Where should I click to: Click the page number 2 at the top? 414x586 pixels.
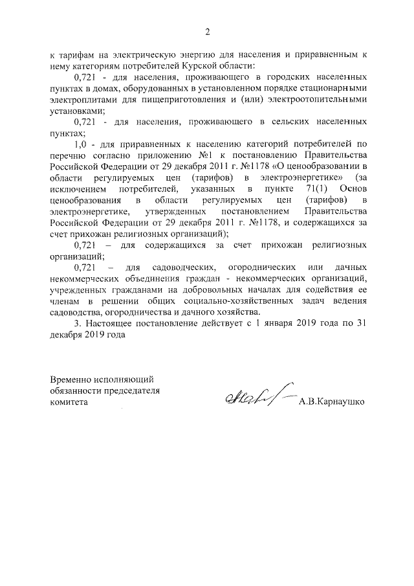tap(208, 32)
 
